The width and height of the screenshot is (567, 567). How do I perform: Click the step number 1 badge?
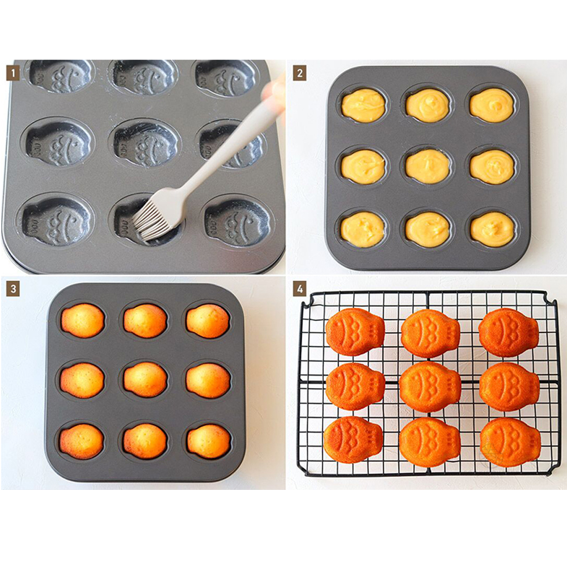pos(12,73)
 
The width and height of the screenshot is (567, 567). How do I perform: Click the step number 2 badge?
pos(299,73)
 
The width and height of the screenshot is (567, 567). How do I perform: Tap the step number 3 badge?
pos(12,289)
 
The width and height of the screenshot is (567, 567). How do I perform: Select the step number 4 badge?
pos(299,289)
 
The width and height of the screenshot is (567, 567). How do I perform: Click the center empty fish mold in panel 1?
pos(146,143)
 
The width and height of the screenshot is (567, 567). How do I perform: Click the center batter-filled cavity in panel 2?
pos(428,166)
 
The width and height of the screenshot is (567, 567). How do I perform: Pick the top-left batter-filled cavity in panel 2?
pos(363,105)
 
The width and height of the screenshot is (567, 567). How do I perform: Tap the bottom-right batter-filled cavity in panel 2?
pos(492,229)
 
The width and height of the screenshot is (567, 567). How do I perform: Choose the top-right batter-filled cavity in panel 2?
pos(492,105)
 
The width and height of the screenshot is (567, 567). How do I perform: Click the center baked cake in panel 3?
pos(145,379)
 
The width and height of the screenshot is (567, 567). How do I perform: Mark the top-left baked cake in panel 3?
pos(83,320)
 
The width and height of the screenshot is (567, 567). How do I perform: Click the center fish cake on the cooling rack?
pos(429,387)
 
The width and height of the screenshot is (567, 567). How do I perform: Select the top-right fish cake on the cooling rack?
pos(508,333)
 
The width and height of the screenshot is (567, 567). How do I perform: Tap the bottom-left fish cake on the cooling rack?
pos(353,439)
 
